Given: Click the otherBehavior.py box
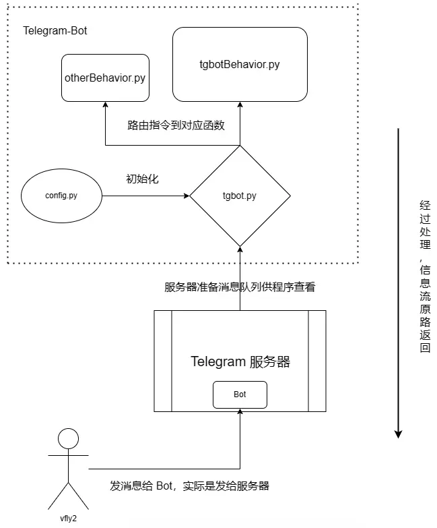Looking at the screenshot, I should [105, 78].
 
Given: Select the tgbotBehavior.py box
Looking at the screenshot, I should [240, 65].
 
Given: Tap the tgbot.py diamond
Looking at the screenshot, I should [240, 196].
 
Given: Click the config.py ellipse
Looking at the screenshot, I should [61, 196].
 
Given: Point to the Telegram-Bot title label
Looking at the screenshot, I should [55, 31].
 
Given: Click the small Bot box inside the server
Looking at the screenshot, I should [240, 394].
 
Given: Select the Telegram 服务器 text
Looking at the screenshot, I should [240, 362].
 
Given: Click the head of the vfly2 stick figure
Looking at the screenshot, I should [68, 439].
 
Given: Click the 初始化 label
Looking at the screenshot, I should [142, 179].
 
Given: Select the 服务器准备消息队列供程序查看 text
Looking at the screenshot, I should [240, 287].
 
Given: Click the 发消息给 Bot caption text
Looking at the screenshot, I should [189, 486].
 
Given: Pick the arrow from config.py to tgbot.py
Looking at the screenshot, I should [145, 196].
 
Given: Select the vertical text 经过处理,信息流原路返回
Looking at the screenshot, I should [424, 276].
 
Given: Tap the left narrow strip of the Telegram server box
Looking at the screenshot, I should [163, 360].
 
